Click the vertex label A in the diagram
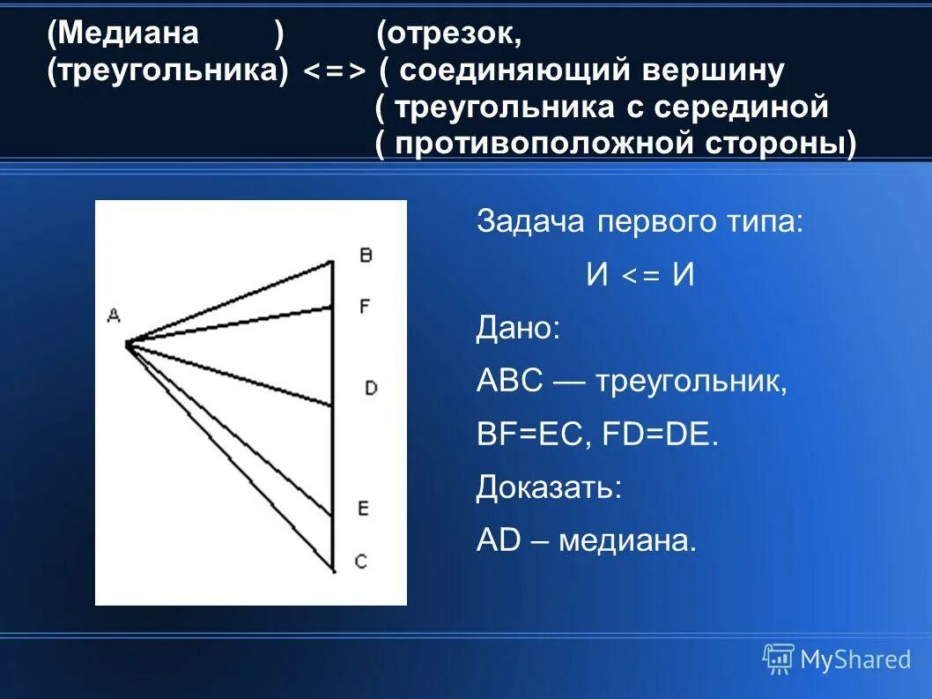(113, 315)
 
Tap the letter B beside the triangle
(365, 255)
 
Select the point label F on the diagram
(365, 306)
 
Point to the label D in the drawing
(370, 387)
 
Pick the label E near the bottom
(363, 508)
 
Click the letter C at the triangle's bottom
(360, 561)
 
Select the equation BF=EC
(529, 435)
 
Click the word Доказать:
(549, 487)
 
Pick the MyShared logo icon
(778, 658)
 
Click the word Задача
(530, 221)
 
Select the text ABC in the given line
(507, 382)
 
